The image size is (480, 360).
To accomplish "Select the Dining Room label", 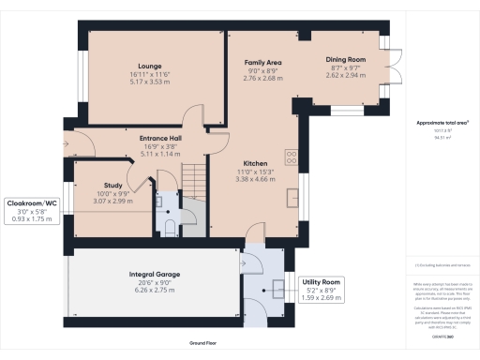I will pos(345,60).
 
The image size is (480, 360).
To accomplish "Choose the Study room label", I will pos(112,187).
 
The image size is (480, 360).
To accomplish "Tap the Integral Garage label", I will pos(154,275).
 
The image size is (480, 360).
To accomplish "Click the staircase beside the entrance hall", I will pos(192,175).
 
